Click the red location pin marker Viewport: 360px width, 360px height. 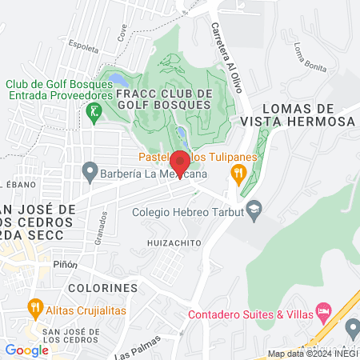(179, 164)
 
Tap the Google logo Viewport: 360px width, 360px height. (26, 350)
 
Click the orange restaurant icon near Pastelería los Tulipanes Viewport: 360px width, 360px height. (238, 173)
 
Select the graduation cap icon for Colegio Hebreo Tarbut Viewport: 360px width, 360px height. (254, 211)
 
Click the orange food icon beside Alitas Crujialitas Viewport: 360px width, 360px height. (34, 306)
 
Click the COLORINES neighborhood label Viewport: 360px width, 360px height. (103, 287)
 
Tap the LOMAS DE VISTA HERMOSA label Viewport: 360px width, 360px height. (296, 114)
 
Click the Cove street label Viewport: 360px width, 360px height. (122, 32)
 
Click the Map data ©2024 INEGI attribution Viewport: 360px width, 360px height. (311, 354)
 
